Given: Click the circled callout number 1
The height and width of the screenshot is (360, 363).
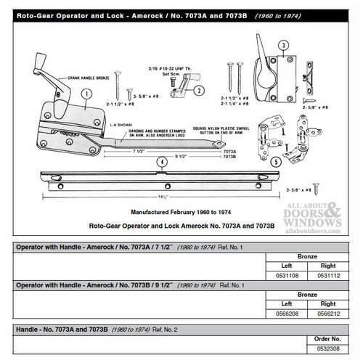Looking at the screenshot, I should (x=87, y=94).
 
